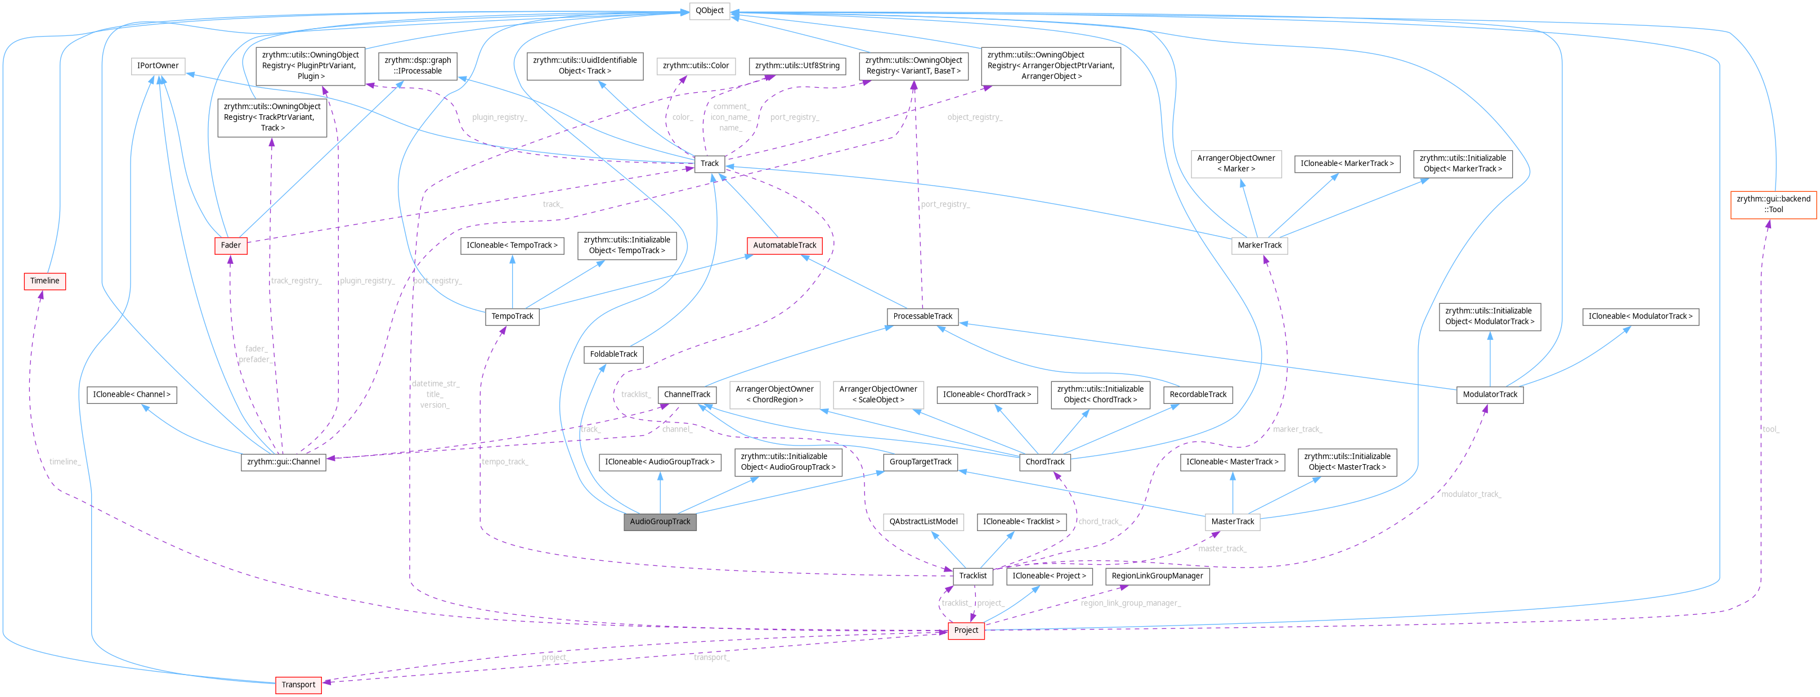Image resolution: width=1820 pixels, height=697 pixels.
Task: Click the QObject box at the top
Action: click(x=709, y=11)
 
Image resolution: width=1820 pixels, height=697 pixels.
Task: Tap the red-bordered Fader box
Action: click(x=230, y=245)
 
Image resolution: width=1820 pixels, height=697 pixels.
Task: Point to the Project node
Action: click(x=966, y=631)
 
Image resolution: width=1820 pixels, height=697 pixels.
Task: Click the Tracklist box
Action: click(x=972, y=576)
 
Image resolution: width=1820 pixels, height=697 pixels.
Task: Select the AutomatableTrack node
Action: click(x=785, y=245)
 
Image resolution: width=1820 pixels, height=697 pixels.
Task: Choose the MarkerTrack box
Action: click(x=1259, y=245)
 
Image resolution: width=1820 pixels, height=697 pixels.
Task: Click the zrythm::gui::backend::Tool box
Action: click(x=1773, y=204)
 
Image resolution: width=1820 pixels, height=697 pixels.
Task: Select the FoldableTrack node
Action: click(x=613, y=354)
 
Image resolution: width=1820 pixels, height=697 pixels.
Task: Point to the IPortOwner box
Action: click(x=158, y=66)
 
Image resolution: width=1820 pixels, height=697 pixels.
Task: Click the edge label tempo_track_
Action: click(x=504, y=462)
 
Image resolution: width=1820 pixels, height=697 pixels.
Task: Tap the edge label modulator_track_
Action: click(x=1471, y=494)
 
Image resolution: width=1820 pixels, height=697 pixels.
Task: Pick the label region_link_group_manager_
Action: click(x=1131, y=603)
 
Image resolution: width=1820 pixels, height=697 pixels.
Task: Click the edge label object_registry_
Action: click(x=974, y=117)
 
